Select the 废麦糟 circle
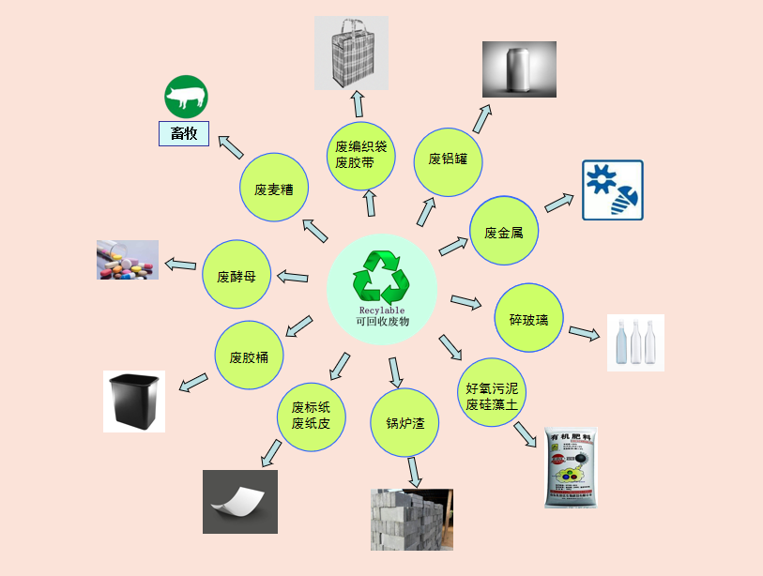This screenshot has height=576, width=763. (x=274, y=189)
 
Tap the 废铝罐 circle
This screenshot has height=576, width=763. (x=448, y=159)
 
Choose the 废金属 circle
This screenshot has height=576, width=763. (x=504, y=232)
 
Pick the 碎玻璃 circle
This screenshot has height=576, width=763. (x=528, y=318)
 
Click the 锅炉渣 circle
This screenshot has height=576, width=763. (x=405, y=423)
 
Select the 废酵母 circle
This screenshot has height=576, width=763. (x=237, y=276)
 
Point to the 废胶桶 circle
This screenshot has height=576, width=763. (x=250, y=356)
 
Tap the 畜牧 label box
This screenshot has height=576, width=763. (x=184, y=133)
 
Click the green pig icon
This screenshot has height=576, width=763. (x=186, y=96)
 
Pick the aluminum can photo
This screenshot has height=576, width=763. (x=519, y=69)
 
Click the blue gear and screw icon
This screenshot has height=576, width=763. (x=612, y=190)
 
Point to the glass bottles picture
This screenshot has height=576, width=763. (x=635, y=342)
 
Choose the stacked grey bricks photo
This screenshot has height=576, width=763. (x=411, y=519)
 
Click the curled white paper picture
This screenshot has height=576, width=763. (x=240, y=501)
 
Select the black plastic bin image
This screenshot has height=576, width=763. (x=133, y=401)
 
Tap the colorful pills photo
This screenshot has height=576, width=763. (x=128, y=260)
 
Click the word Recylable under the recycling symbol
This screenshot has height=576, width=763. (x=381, y=309)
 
